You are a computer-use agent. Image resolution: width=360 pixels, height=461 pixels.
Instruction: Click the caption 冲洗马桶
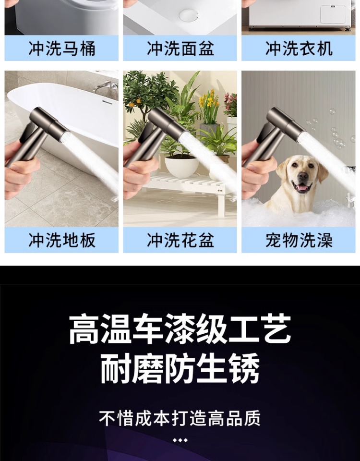click(x=61, y=49)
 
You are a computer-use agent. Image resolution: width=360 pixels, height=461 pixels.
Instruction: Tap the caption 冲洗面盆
click(x=180, y=49)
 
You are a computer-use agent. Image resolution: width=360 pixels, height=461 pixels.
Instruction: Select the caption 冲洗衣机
click(x=299, y=49)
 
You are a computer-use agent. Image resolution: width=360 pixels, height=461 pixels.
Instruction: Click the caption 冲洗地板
click(x=61, y=240)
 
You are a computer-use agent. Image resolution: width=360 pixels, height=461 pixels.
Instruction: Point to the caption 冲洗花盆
click(x=180, y=240)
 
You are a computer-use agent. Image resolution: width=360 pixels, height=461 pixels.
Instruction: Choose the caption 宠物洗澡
click(x=299, y=240)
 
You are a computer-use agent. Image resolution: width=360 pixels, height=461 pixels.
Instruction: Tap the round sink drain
click(x=188, y=15)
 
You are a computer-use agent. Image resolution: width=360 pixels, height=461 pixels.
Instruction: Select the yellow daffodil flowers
click(x=209, y=101)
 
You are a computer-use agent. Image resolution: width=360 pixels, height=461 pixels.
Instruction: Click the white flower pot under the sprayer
click(x=181, y=166)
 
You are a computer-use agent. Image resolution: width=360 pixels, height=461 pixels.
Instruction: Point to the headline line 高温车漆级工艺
click(x=180, y=329)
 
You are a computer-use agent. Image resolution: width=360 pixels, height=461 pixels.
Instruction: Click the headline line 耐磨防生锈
click(x=180, y=369)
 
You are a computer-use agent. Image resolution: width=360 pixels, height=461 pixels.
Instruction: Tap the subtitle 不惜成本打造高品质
click(x=180, y=418)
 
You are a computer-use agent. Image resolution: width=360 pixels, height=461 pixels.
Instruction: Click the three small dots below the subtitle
click(x=180, y=440)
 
